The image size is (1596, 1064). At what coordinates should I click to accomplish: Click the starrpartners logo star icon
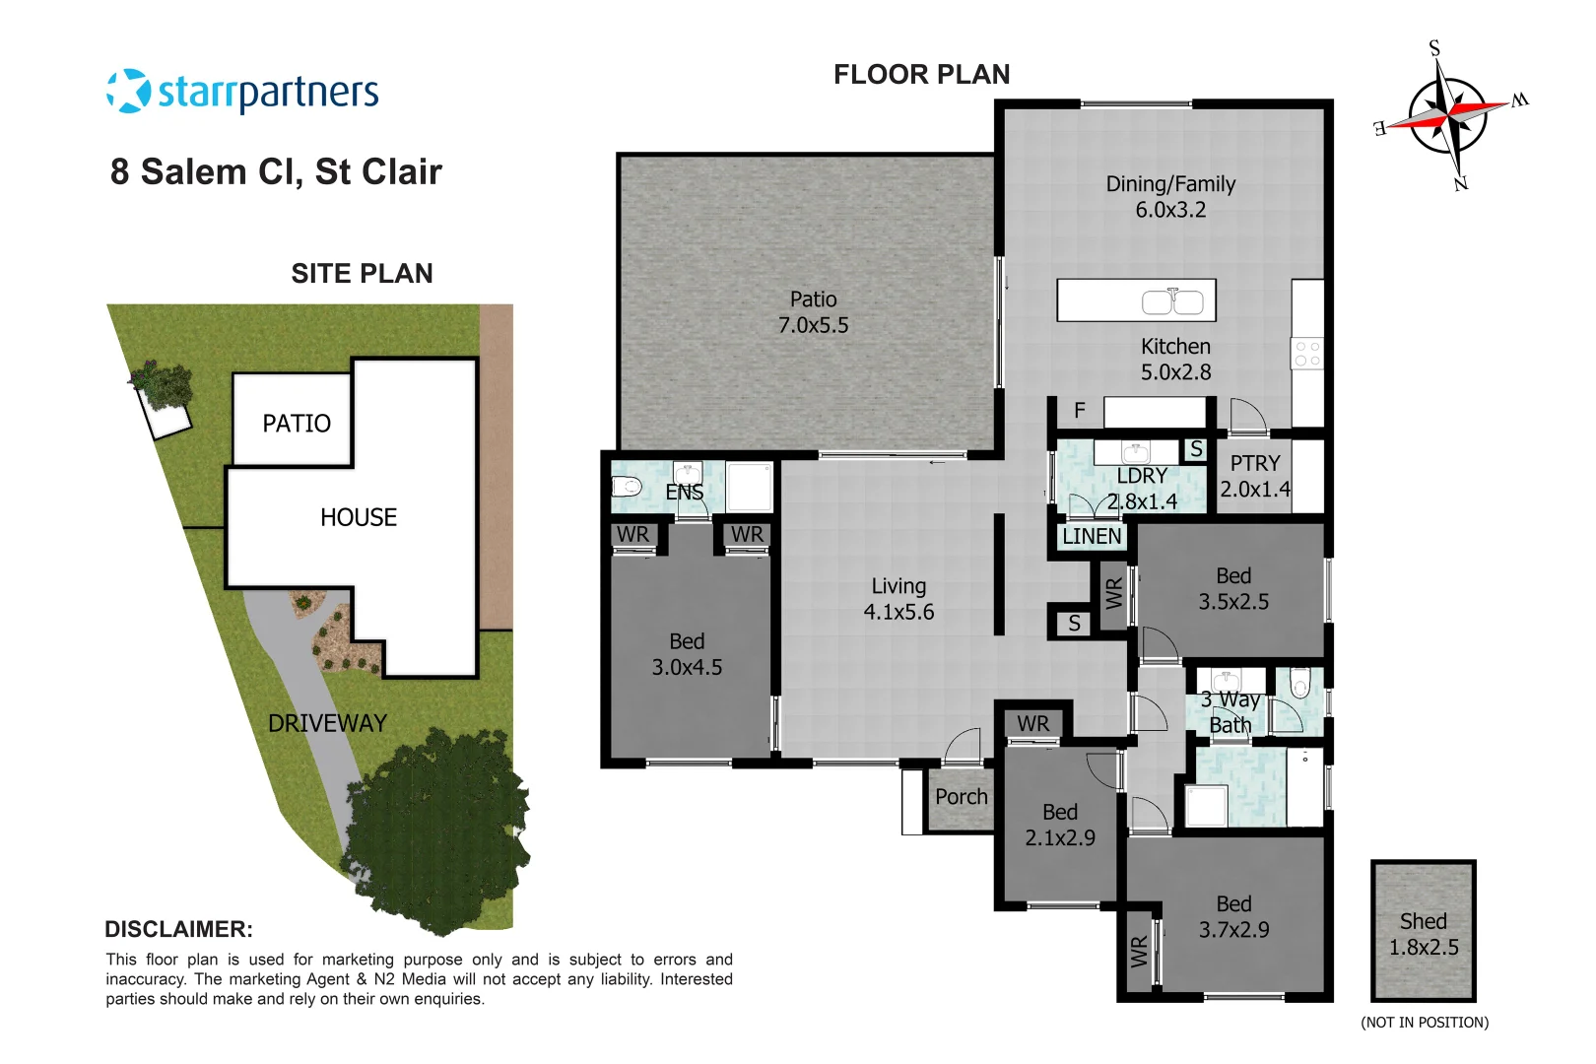click(x=128, y=92)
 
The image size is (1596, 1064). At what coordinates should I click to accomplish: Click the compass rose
click(x=1447, y=116)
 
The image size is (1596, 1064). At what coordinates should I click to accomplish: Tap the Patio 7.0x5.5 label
click(x=813, y=312)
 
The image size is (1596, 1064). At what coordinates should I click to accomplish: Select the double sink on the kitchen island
click(x=1172, y=301)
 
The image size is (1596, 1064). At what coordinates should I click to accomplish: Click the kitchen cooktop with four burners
click(x=1307, y=355)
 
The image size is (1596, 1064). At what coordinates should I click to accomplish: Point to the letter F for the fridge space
click(x=1080, y=411)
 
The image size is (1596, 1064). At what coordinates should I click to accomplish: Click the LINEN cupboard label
click(x=1092, y=537)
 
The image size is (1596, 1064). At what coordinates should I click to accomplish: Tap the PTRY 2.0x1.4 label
click(x=1254, y=476)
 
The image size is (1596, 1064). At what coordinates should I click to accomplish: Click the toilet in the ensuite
click(x=627, y=486)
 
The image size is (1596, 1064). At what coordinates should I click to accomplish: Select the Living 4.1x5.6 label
click(x=898, y=599)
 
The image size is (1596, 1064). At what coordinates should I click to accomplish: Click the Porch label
click(x=961, y=797)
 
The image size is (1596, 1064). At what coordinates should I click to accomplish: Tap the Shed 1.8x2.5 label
click(x=1423, y=934)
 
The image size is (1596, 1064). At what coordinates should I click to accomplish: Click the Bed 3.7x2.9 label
click(x=1233, y=916)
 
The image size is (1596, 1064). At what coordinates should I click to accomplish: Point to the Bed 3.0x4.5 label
click(x=687, y=654)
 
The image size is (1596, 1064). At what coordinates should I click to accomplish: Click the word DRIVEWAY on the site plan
click(x=327, y=723)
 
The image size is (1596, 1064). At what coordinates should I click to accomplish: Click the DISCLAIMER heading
click(x=178, y=929)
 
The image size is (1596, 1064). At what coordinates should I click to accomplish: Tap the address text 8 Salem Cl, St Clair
click(x=276, y=171)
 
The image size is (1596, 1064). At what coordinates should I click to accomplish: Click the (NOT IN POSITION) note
click(x=1424, y=1023)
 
